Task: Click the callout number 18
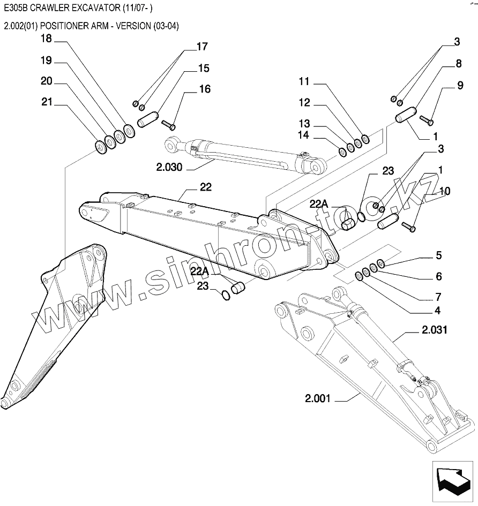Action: point(47,39)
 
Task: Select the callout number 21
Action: point(47,102)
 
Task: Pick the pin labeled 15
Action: point(147,119)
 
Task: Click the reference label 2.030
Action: point(169,168)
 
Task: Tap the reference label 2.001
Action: point(318,398)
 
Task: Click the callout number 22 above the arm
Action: point(205,187)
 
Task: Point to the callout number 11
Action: point(304,81)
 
